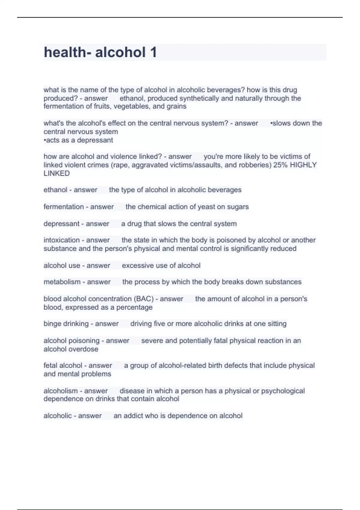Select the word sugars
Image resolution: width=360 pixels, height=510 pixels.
point(238,207)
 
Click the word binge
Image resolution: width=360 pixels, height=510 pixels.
point(52,324)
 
